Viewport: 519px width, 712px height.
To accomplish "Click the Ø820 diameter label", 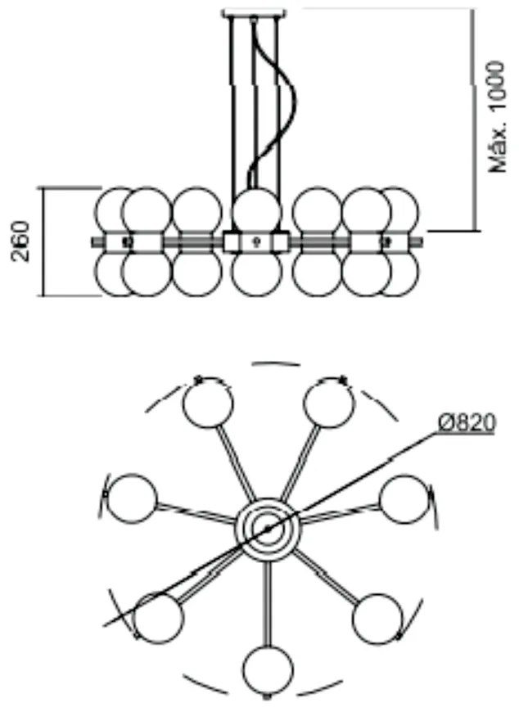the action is tap(467, 423).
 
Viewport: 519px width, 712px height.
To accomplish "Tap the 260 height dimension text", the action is tap(21, 241).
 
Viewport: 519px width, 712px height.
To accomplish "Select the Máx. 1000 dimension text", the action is tap(496, 117).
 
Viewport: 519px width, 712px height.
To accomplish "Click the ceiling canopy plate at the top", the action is tap(255, 13).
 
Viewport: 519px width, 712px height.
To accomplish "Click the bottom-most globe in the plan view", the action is tap(267, 669).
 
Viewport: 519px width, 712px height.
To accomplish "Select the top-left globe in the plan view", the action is tap(209, 403).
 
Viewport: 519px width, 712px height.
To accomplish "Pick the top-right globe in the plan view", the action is tap(328, 403).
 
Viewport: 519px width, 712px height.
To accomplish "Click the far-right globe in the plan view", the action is tap(404, 499).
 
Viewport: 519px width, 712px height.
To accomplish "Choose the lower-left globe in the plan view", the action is tap(159, 618).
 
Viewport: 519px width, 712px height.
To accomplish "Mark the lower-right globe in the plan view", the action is tap(377, 619).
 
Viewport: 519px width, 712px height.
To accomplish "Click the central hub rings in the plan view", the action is tap(268, 528).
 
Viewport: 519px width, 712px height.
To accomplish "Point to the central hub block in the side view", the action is tap(255, 241).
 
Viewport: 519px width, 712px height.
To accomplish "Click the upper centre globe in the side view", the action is tap(256, 210).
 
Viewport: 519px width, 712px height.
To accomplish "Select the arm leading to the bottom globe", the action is tap(268, 603).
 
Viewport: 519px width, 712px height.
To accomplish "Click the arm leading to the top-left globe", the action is tap(236, 462).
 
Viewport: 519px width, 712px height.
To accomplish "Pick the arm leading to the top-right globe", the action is tap(300, 462).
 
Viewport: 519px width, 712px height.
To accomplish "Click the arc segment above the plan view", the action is tap(276, 363).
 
